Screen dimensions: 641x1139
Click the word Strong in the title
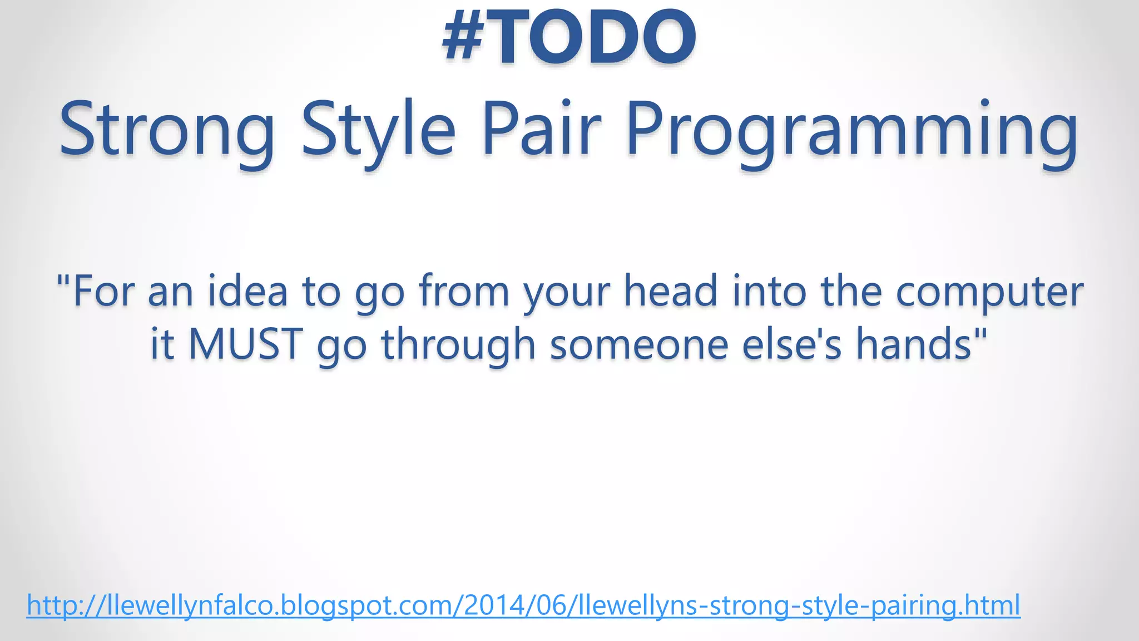pos(167,129)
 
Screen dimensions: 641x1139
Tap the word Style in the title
pos(378,129)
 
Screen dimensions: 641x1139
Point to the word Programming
pos(851,129)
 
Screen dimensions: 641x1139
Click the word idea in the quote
pos(247,291)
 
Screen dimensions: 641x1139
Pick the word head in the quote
pos(670,291)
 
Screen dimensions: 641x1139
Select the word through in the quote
pos(458,344)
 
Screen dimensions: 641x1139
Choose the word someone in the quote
pos(639,344)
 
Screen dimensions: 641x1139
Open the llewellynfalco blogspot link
pos(523,605)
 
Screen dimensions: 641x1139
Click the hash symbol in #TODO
pos(463,38)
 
